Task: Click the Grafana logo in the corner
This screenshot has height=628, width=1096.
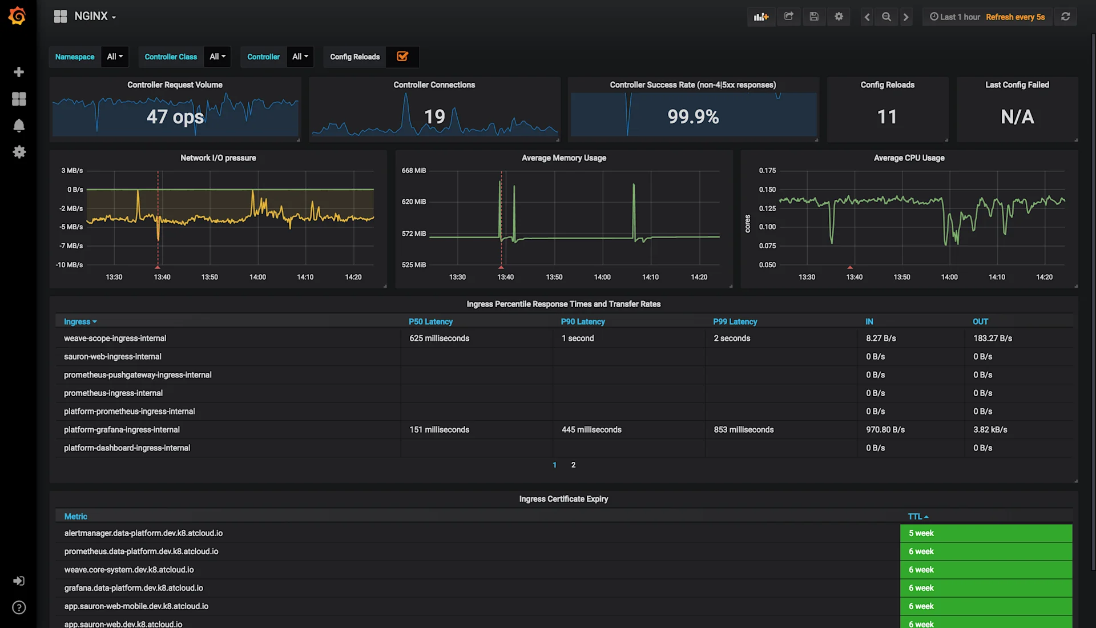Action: coord(17,16)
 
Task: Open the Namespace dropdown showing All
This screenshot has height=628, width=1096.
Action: coord(115,57)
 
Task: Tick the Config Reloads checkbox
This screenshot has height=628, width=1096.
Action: coord(402,57)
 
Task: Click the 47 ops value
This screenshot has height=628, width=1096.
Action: coord(175,117)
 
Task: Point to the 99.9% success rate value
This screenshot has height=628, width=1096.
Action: coord(693,117)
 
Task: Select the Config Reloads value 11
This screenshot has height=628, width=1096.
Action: coord(887,117)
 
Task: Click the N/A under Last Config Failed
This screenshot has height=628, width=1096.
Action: coord(1017,117)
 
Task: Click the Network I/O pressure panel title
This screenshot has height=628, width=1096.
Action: coord(218,158)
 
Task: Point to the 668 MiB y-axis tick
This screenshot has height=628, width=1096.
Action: coord(414,171)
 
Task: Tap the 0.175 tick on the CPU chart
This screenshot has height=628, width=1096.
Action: coord(767,171)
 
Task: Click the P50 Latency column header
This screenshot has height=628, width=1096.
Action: coord(430,322)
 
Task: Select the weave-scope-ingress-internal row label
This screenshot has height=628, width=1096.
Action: coord(115,339)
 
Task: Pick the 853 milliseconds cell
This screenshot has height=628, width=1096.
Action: coord(743,430)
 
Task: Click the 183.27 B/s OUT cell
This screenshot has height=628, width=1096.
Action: coord(992,339)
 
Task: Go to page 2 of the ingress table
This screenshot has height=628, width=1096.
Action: coord(573,465)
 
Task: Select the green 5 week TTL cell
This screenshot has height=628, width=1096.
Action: coord(986,533)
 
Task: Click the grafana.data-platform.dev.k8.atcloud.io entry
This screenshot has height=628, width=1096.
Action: coord(134,588)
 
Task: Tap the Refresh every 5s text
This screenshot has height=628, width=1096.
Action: coord(1015,17)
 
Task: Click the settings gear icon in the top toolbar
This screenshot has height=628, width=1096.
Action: coord(839,17)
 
